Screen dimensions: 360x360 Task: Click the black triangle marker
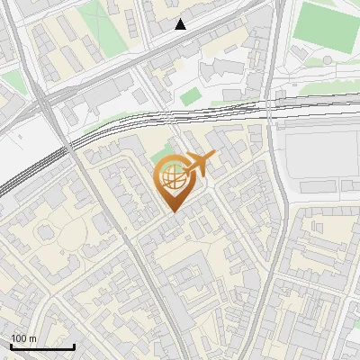pos(181,24)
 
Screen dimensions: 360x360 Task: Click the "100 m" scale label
pos(23,337)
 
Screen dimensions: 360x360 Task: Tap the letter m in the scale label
pos(33,337)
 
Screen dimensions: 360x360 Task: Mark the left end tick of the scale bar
pos(10,346)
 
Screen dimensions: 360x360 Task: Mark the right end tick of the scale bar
pos(74,346)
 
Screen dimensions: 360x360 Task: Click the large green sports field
pos(327,25)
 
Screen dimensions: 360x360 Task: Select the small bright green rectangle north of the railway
pos(190,95)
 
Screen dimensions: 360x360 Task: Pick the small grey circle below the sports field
pos(328,60)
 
